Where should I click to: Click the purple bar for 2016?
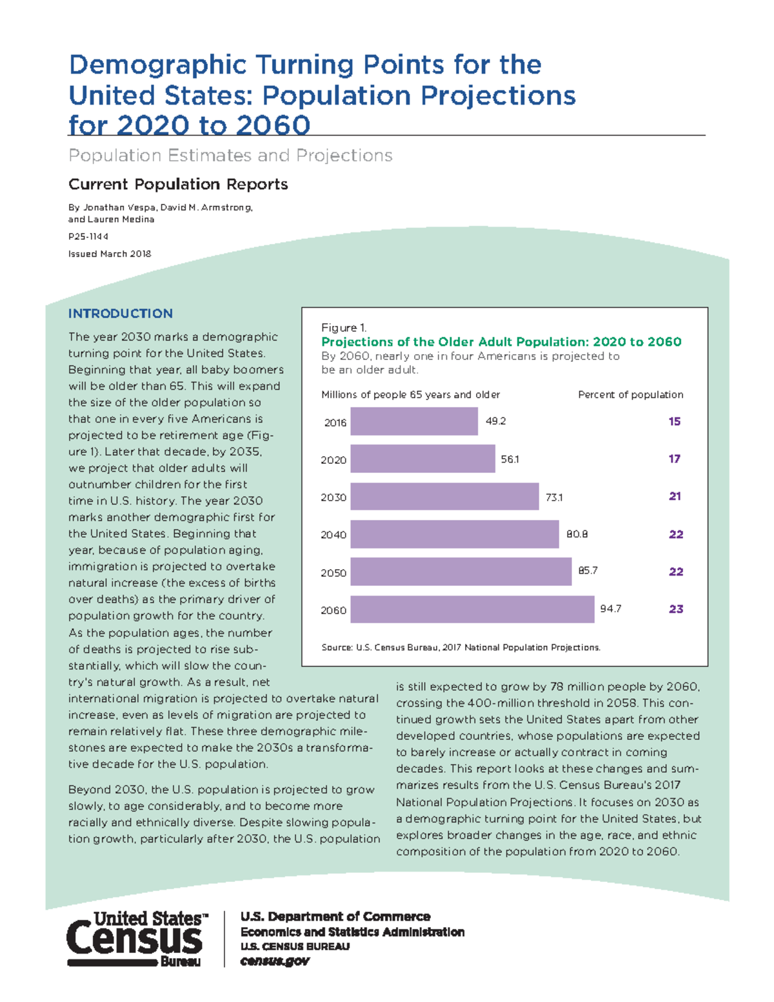[413, 422]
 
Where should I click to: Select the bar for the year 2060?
[471, 609]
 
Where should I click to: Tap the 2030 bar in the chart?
[444, 497]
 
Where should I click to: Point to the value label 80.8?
[577, 534]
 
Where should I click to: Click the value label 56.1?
[510, 459]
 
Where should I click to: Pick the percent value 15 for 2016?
[674, 421]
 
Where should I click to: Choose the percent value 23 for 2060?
[675, 609]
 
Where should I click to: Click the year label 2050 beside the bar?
[333, 573]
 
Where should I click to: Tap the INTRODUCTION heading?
[121, 314]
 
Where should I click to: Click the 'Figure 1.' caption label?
[344, 328]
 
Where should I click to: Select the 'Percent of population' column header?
[630, 395]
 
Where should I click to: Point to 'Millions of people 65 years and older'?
[410, 395]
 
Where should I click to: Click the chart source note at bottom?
[461, 647]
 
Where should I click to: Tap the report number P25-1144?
[88, 237]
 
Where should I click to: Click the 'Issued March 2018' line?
[110, 254]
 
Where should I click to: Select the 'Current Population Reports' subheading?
[178, 185]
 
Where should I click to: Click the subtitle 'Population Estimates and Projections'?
[230, 155]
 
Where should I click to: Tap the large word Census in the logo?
[134, 939]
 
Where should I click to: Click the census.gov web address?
[275, 961]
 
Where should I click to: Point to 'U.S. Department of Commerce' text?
[335, 917]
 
